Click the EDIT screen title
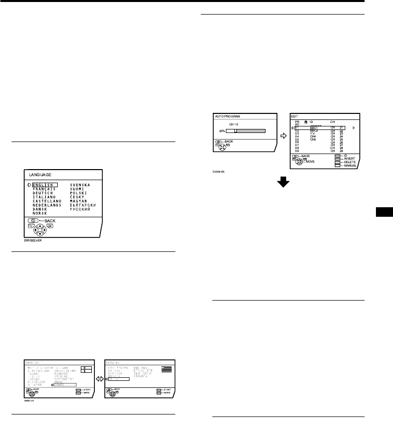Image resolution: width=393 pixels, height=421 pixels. [294, 116]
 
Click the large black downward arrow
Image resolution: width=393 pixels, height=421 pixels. [284, 183]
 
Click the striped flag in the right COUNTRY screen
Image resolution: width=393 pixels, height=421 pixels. [166, 369]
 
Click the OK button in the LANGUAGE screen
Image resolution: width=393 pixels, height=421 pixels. [51, 226]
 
